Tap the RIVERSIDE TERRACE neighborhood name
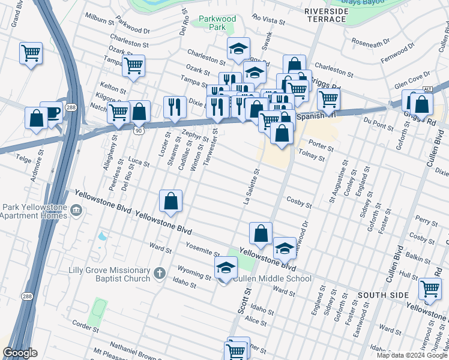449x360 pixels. point(325,15)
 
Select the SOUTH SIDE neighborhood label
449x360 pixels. point(384,295)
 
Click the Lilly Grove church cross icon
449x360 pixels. point(159,273)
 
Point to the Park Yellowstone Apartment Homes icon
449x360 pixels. point(76,211)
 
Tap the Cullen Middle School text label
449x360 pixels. point(272,278)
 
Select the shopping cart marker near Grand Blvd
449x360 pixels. point(31,53)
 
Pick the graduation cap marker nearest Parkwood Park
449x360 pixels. point(238,48)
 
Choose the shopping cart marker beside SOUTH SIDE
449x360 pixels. point(430,289)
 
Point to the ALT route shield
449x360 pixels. point(427,89)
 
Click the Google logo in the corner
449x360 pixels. point(20,353)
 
